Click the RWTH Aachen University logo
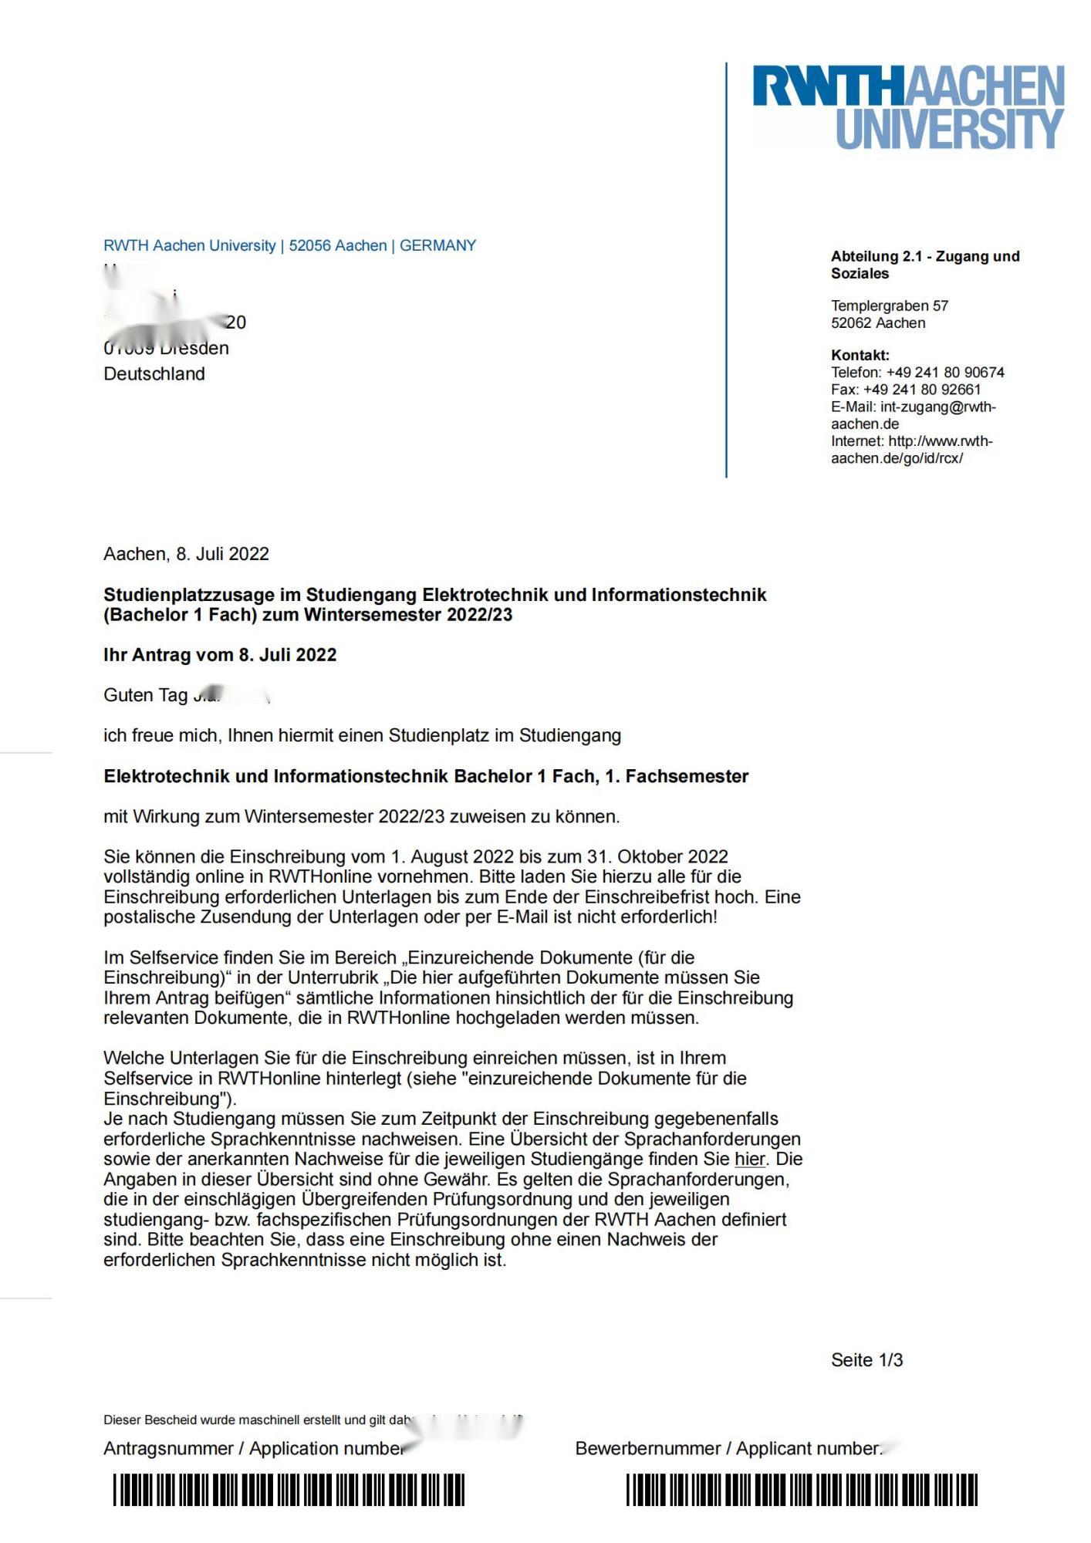pyautogui.click(x=908, y=106)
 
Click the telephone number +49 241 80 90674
pyautogui.click(x=945, y=373)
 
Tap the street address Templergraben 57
pyautogui.click(x=889, y=306)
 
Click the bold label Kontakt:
pyautogui.click(x=860, y=356)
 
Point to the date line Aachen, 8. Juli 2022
pyautogui.click(x=186, y=554)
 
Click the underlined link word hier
pyautogui.click(x=749, y=1159)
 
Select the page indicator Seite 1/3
pyautogui.click(x=866, y=1360)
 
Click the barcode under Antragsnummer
pyautogui.click(x=289, y=1490)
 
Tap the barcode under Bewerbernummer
pyautogui.click(x=801, y=1490)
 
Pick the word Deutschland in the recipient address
pyautogui.click(x=154, y=374)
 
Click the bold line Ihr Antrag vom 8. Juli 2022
pyautogui.click(x=220, y=655)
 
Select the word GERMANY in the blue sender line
pyautogui.click(x=437, y=245)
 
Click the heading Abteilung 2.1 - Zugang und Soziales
pyautogui.click(x=924, y=265)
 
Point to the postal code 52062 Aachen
pyautogui.click(x=877, y=323)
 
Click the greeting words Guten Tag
pyautogui.click(x=145, y=695)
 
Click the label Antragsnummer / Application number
pyautogui.click(x=253, y=1448)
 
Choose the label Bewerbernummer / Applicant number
pyautogui.click(x=728, y=1448)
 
